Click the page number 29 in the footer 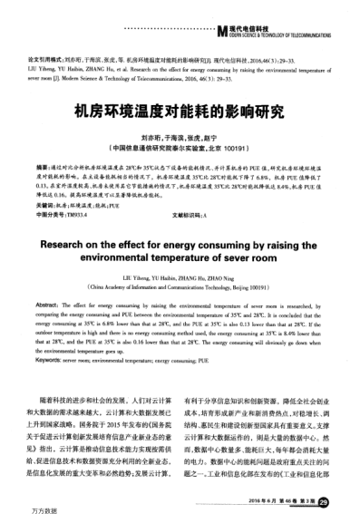tap(336, 501)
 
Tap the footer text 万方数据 tap(17, 515)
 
